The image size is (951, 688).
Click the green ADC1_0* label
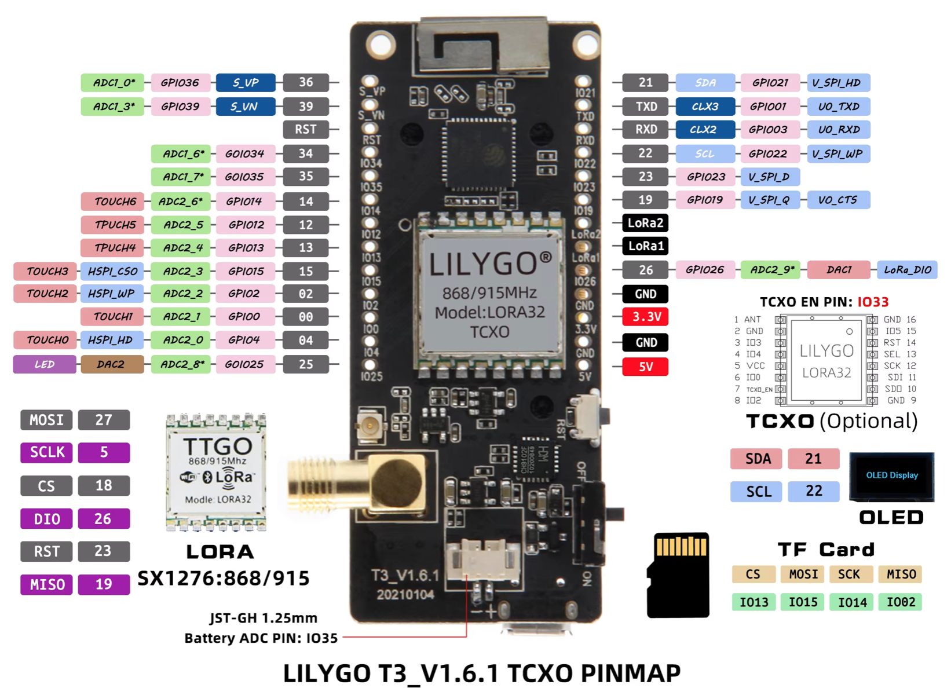pos(113,83)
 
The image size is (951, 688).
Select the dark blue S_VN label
pos(245,107)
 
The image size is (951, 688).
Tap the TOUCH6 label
pos(115,202)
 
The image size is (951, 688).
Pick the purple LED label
pos(45,364)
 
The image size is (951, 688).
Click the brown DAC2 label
pos(112,364)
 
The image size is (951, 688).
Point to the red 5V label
pos(645,367)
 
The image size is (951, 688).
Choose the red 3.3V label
pos(645,317)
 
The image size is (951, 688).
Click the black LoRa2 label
pos(645,223)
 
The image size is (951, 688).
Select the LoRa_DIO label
pos(907,270)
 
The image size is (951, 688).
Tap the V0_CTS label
pos(837,200)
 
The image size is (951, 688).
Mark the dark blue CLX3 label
pos(705,107)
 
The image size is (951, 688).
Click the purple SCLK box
pos(47,452)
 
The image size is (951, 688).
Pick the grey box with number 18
pos(104,485)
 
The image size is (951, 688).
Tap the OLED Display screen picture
pos(891,476)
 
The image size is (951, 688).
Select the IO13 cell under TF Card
pos(754,602)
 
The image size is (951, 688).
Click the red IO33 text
pos(873,302)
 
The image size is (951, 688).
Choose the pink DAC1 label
pos(839,270)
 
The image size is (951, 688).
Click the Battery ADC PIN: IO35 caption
pos(261,638)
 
